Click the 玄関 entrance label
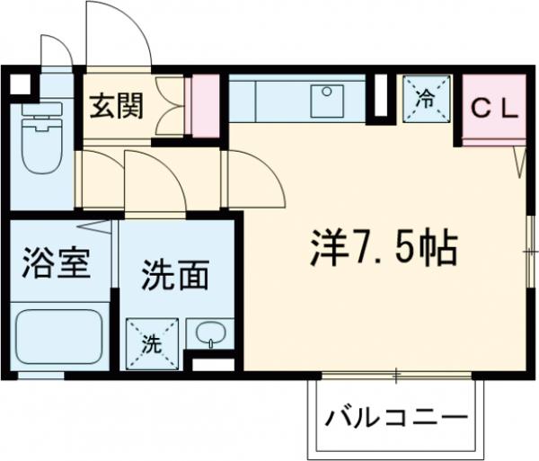[x=116, y=106]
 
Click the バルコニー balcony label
[x=397, y=418]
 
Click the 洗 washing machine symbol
[x=152, y=342]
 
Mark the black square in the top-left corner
[x=18, y=85]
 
